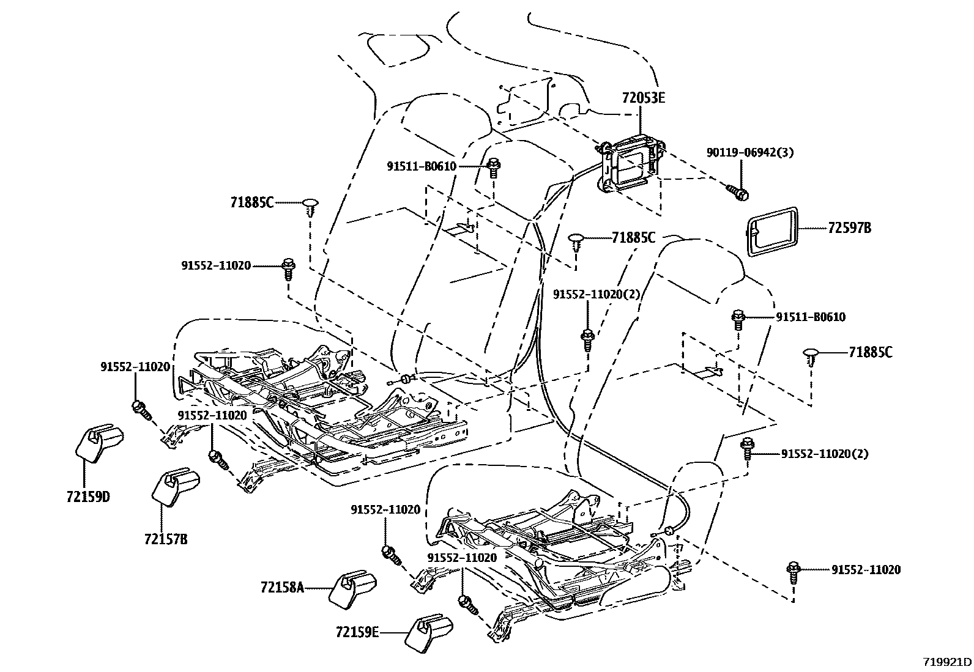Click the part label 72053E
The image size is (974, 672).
[x=643, y=98]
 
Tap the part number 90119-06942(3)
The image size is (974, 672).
[x=749, y=153]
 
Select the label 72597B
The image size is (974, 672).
[x=849, y=227]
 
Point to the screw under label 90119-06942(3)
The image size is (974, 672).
[x=737, y=191]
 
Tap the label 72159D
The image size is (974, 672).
[x=88, y=497]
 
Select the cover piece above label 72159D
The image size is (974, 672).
[x=99, y=443]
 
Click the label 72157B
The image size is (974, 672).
[x=166, y=539]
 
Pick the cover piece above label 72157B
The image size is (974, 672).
[x=176, y=487]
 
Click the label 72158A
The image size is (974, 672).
[x=282, y=588]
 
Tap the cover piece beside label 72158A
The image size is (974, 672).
[x=352, y=590]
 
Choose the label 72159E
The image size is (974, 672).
[x=357, y=632]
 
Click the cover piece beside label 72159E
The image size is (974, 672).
[x=429, y=633]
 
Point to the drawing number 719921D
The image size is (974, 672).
[x=948, y=662]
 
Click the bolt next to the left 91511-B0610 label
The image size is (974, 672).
[x=494, y=168]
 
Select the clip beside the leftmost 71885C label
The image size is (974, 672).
[x=310, y=208]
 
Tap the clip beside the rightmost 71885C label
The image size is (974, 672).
[x=811, y=357]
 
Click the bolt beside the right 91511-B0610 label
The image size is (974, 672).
[x=738, y=320]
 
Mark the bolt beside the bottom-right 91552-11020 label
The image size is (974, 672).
[x=794, y=573]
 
